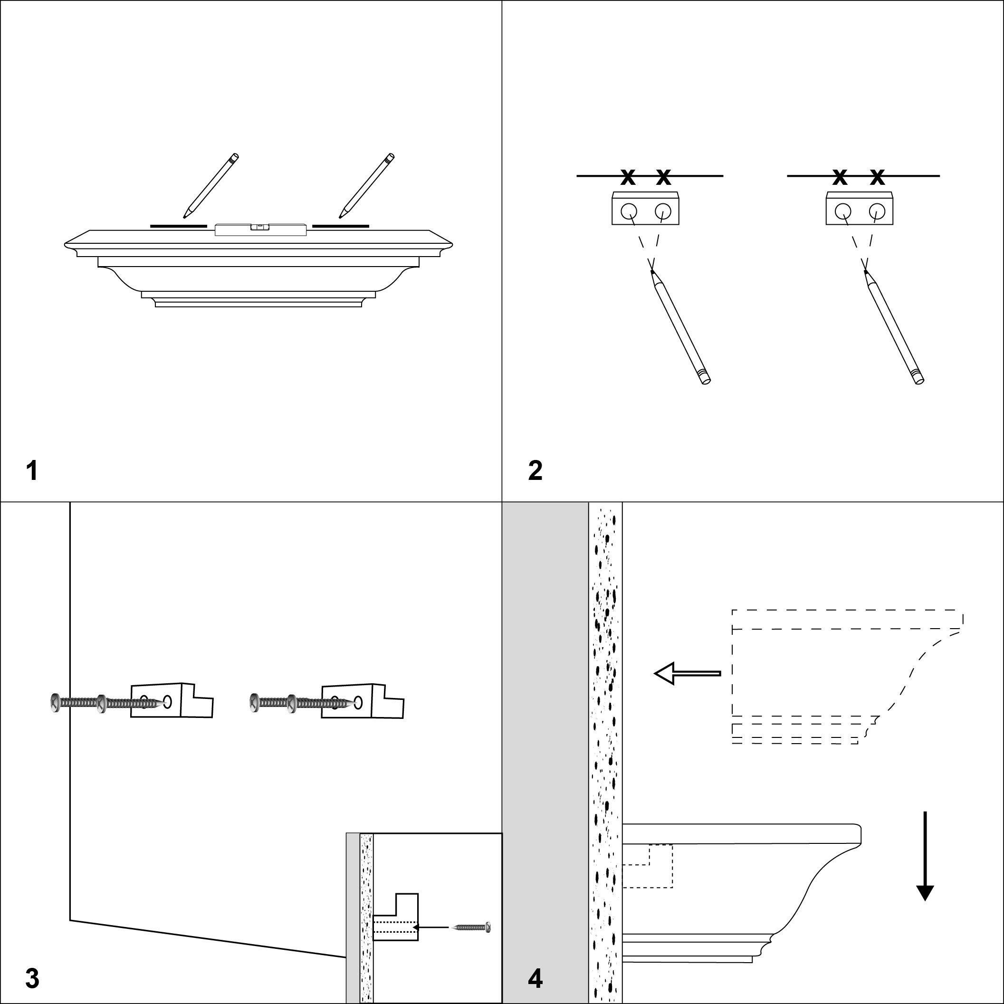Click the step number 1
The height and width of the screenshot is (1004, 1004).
click(x=32, y=471)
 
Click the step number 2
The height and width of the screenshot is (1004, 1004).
click(x=535, y=471)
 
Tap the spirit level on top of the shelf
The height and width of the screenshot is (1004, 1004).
click(x=259, y=229)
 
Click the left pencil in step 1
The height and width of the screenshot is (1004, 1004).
click(x=211, y=185)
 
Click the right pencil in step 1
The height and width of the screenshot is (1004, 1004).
click(x=367, y=185)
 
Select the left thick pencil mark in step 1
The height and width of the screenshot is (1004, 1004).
click(x=178, y=226)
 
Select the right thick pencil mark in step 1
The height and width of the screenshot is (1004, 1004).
click(x=340, y=226)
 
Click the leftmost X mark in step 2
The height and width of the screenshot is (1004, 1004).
click(x=628, y=177)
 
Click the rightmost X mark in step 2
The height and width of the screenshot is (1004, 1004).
click(x=877, y=177)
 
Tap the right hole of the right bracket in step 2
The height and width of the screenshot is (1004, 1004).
click(x=877, y=210)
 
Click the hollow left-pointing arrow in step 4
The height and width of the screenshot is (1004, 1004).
click(x=687, y=673)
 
